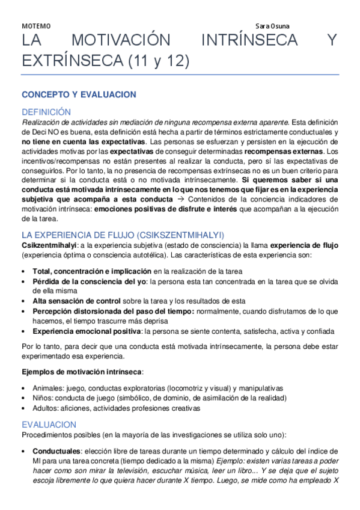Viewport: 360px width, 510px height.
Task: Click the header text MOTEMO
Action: point(36,26)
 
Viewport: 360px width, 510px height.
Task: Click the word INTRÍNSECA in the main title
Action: point(250,41)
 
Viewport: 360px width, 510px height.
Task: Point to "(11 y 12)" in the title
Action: point(157,60)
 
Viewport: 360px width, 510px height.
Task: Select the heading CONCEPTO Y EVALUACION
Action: point(79,94)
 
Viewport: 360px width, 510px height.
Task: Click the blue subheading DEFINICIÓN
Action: point(46,112)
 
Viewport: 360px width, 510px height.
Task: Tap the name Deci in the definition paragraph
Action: point(40,132)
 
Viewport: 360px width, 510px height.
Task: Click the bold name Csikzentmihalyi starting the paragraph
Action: point(45,245)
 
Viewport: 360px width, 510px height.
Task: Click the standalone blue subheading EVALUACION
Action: point(49,425)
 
